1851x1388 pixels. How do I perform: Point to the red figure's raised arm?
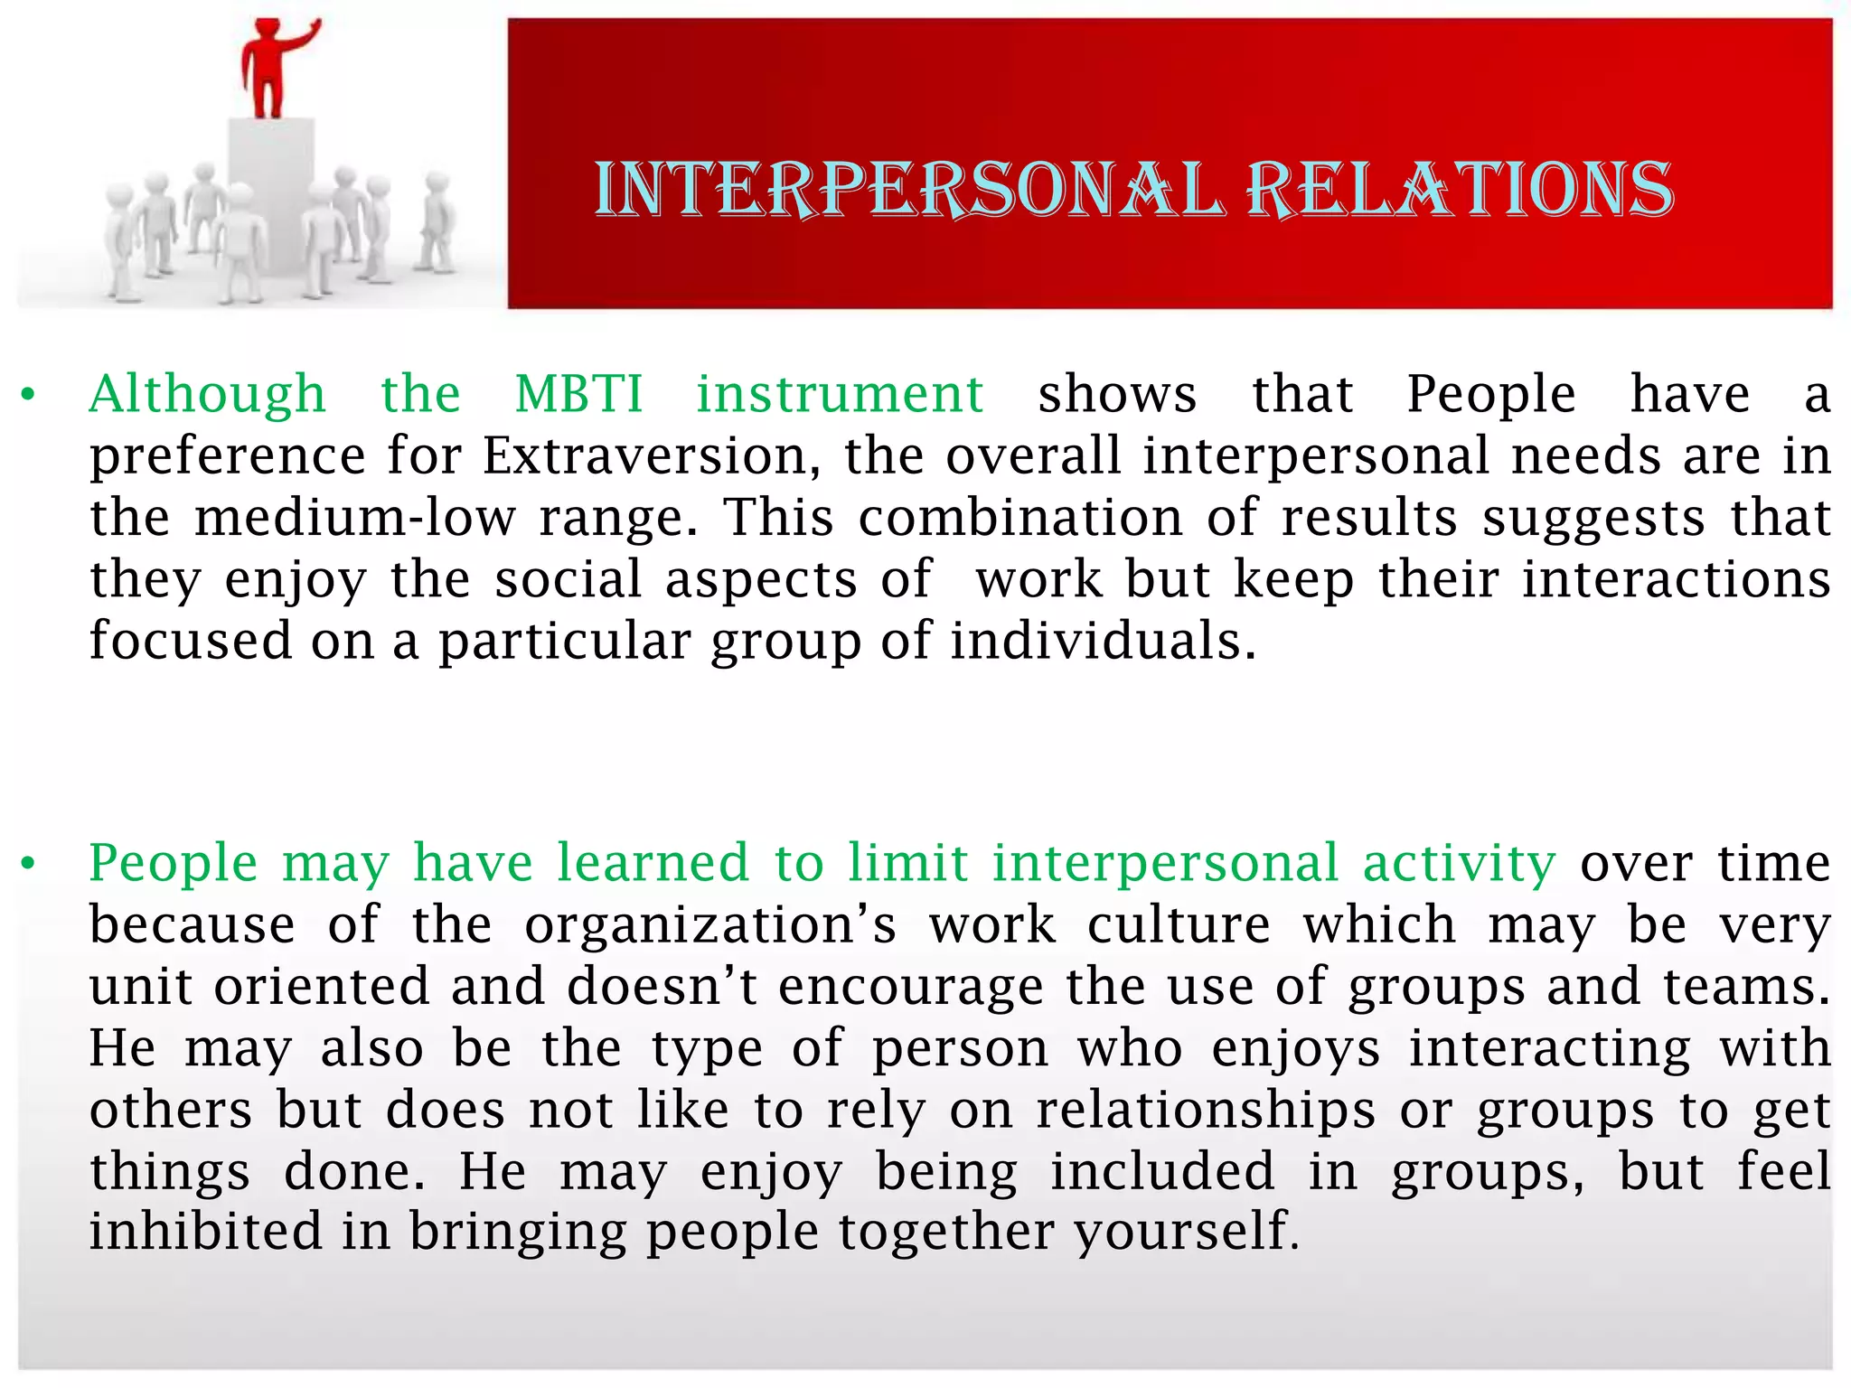click(302, 36)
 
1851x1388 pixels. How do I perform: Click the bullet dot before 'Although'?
click(30, 396)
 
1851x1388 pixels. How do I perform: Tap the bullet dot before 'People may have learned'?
click(30, 865)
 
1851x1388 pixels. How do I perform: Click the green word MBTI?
click(578, 395)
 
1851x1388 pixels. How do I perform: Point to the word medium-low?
click(355, 518)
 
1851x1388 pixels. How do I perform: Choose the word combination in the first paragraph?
click(1019, 518)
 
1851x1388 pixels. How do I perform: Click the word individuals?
click(1103, 641)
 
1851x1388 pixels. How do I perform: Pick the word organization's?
click(710, 926)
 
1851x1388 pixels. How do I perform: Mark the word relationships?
click(1206, 1111)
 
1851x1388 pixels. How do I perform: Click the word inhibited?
click(205, 1232)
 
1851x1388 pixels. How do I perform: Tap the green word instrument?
click(840, 395)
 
